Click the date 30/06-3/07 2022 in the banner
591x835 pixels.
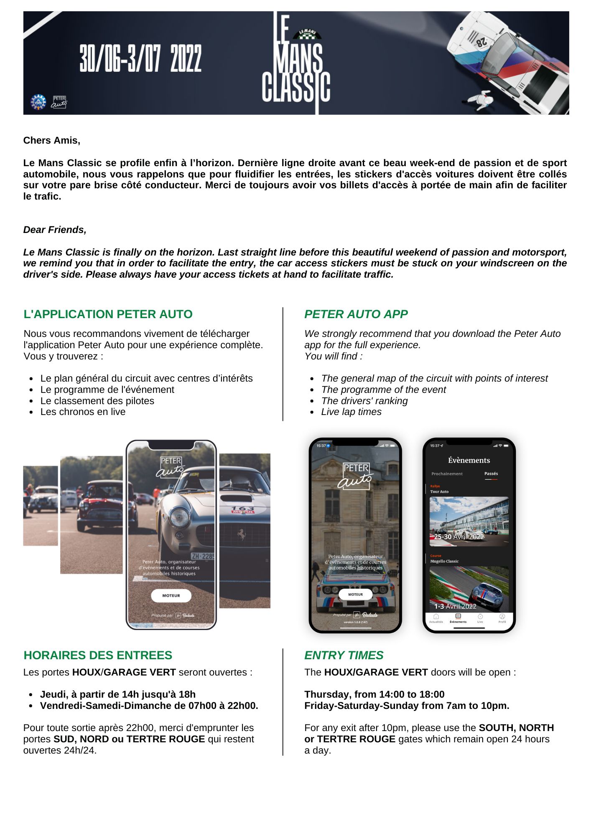pos(140,58)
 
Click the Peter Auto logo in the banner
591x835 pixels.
pos(59,102)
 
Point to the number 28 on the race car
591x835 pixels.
pos(481,41)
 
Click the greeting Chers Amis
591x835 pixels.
pos(51,140)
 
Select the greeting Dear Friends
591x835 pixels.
pos(55,230)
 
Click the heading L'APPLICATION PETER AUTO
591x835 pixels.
pos(108,314)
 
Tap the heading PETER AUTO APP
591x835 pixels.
pos(356,314)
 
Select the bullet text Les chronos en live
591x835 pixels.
pos(83,412)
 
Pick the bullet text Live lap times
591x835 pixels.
pos(351,412)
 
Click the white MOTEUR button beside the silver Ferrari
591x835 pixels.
pos(171,595)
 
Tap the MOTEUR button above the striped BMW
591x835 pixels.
pos(355,594)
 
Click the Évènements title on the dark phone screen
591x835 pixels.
pos(469,460)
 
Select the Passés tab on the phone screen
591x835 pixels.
pos(491,473)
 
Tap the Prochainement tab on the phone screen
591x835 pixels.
pos(447,474)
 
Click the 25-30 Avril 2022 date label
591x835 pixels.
pos(459,536)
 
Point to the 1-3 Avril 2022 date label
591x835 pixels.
pos(455,606)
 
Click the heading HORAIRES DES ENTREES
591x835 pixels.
pos(98,655)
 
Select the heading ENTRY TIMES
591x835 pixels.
pos(344,655)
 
